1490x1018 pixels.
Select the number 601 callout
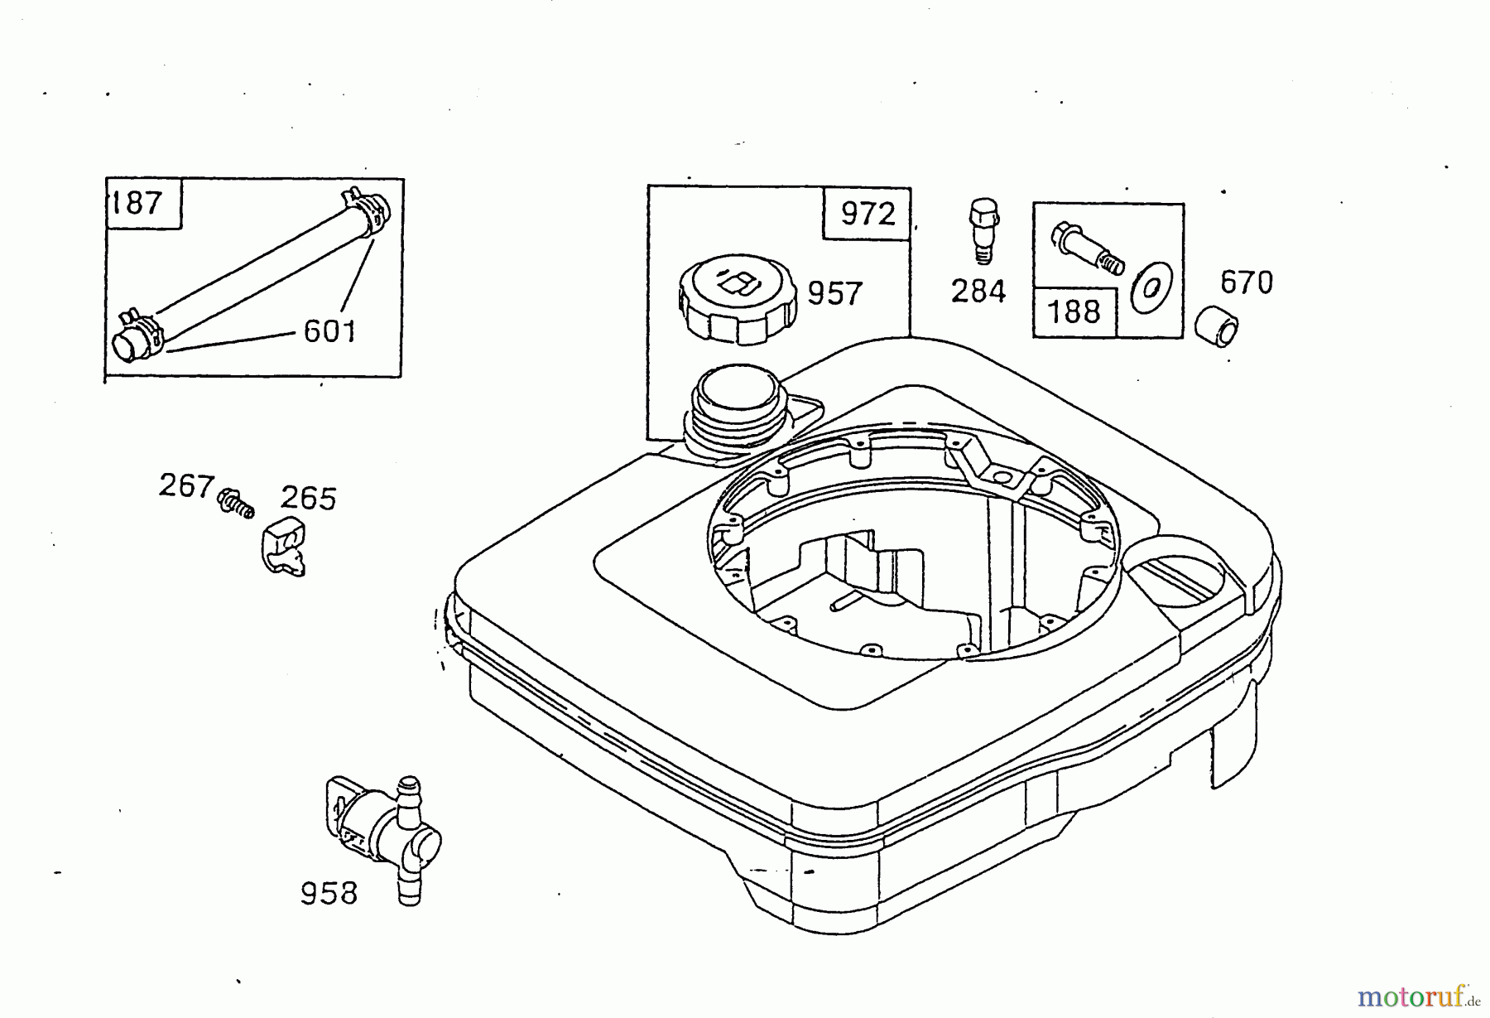click(x=329, y=331)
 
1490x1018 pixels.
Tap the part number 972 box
click(x=867, y=215)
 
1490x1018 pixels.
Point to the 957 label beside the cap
click(x=834, y=293)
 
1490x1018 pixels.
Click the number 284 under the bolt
click(x=978, y=292)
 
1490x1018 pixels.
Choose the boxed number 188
click(x=1074, y=312)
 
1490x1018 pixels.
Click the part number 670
click(x=1246, y=283)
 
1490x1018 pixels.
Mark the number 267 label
click(x=186, y=486)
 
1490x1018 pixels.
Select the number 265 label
click(x=308, y=499)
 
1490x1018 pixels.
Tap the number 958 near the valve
click(x=329, y=893)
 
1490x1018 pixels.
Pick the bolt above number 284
click(x=982, y=227)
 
